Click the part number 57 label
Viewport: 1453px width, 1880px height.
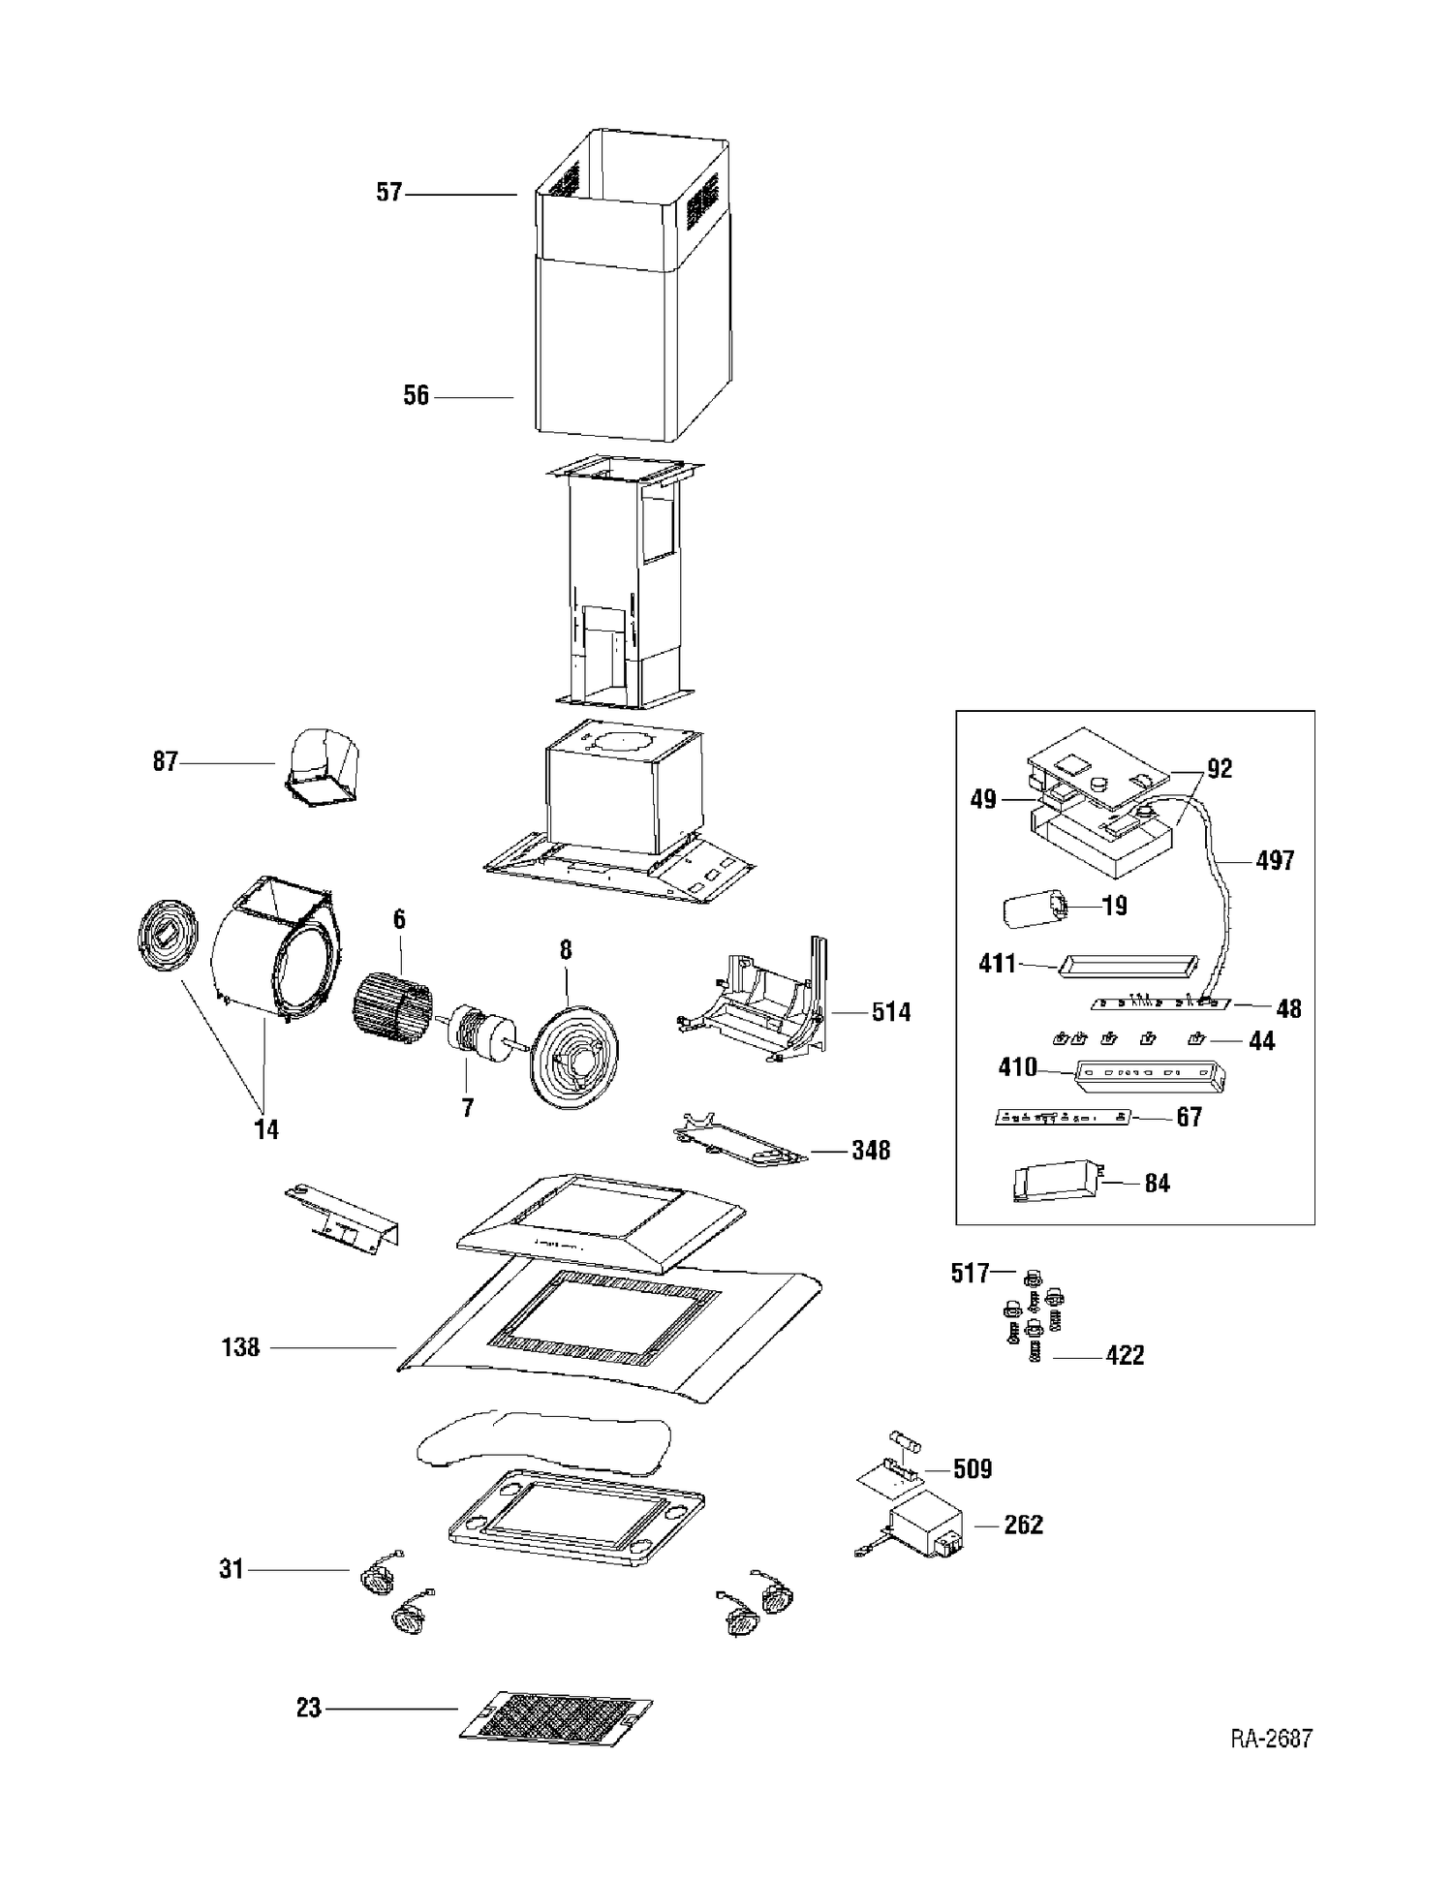coord(388,193)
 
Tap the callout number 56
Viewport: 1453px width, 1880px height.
coord(416,395)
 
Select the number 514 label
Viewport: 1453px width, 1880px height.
coord(890,1012)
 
